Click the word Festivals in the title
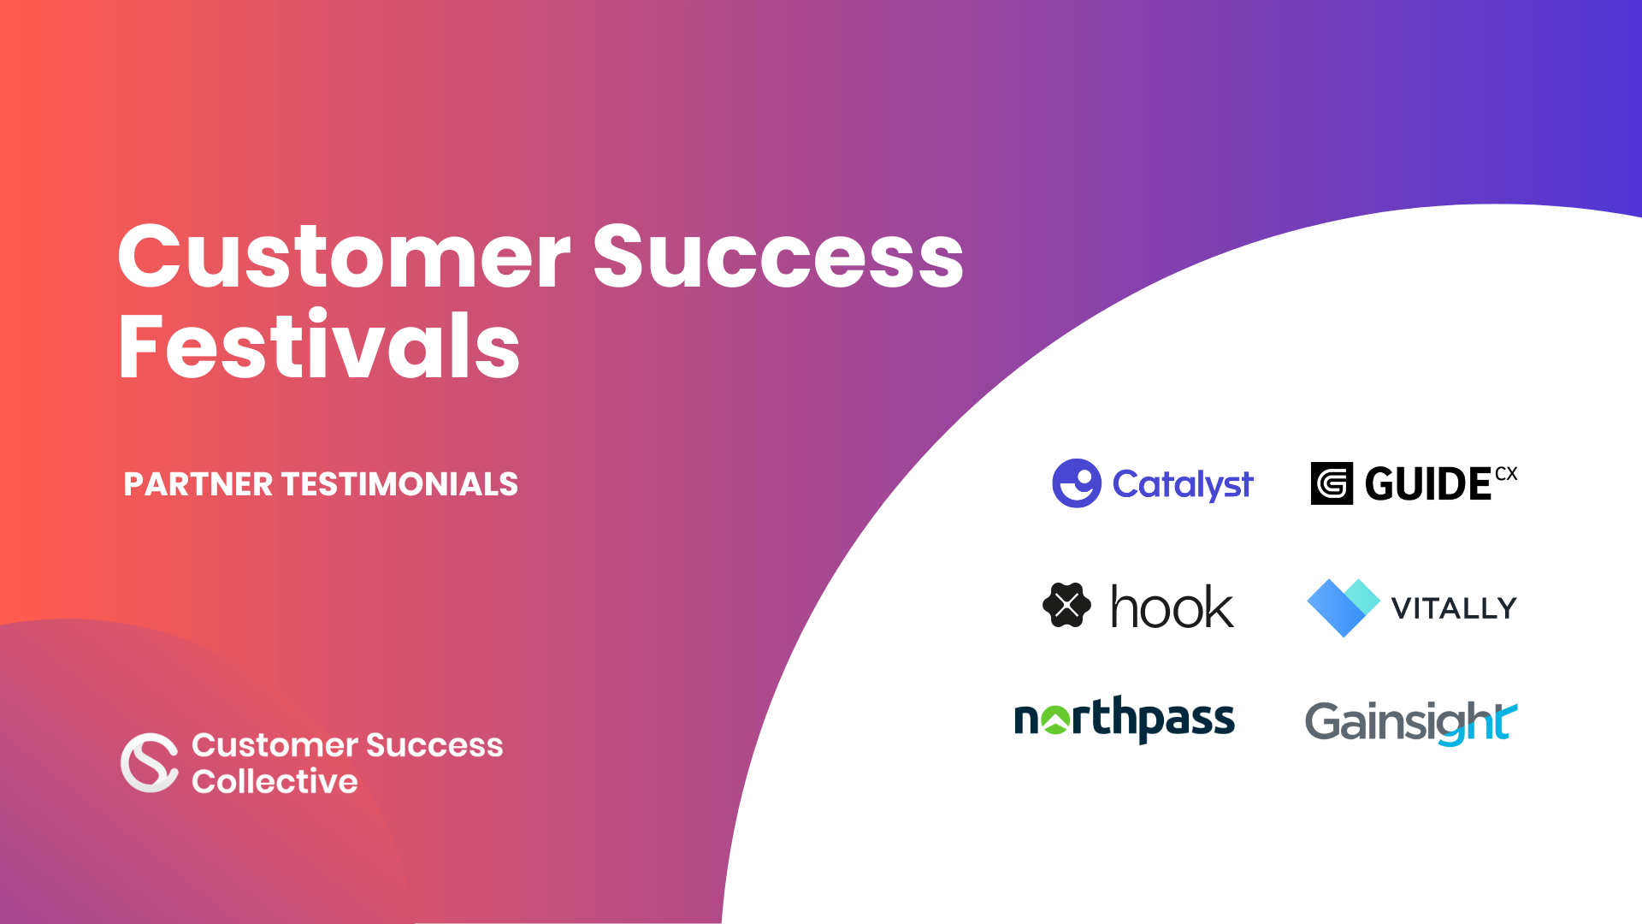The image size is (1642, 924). [319, 346]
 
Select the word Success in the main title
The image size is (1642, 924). [778, 257]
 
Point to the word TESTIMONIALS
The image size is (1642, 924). [399, 484]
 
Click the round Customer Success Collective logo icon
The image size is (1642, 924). [150, 762]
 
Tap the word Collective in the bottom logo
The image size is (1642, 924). [275, 781]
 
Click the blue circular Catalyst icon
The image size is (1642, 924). [1076, 483]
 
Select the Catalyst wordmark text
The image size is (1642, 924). [1183, 484]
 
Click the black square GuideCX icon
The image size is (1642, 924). [1332, 483]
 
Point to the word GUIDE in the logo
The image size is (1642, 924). [1428, 484]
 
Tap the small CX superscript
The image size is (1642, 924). [1506, 474]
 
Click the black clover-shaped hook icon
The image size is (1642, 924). [1066, 606]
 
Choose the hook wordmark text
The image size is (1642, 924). [1172, 607]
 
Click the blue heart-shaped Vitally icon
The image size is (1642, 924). [1343, 607]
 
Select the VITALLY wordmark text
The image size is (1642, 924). [1454, 608]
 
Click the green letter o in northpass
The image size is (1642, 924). [1056, 720]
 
